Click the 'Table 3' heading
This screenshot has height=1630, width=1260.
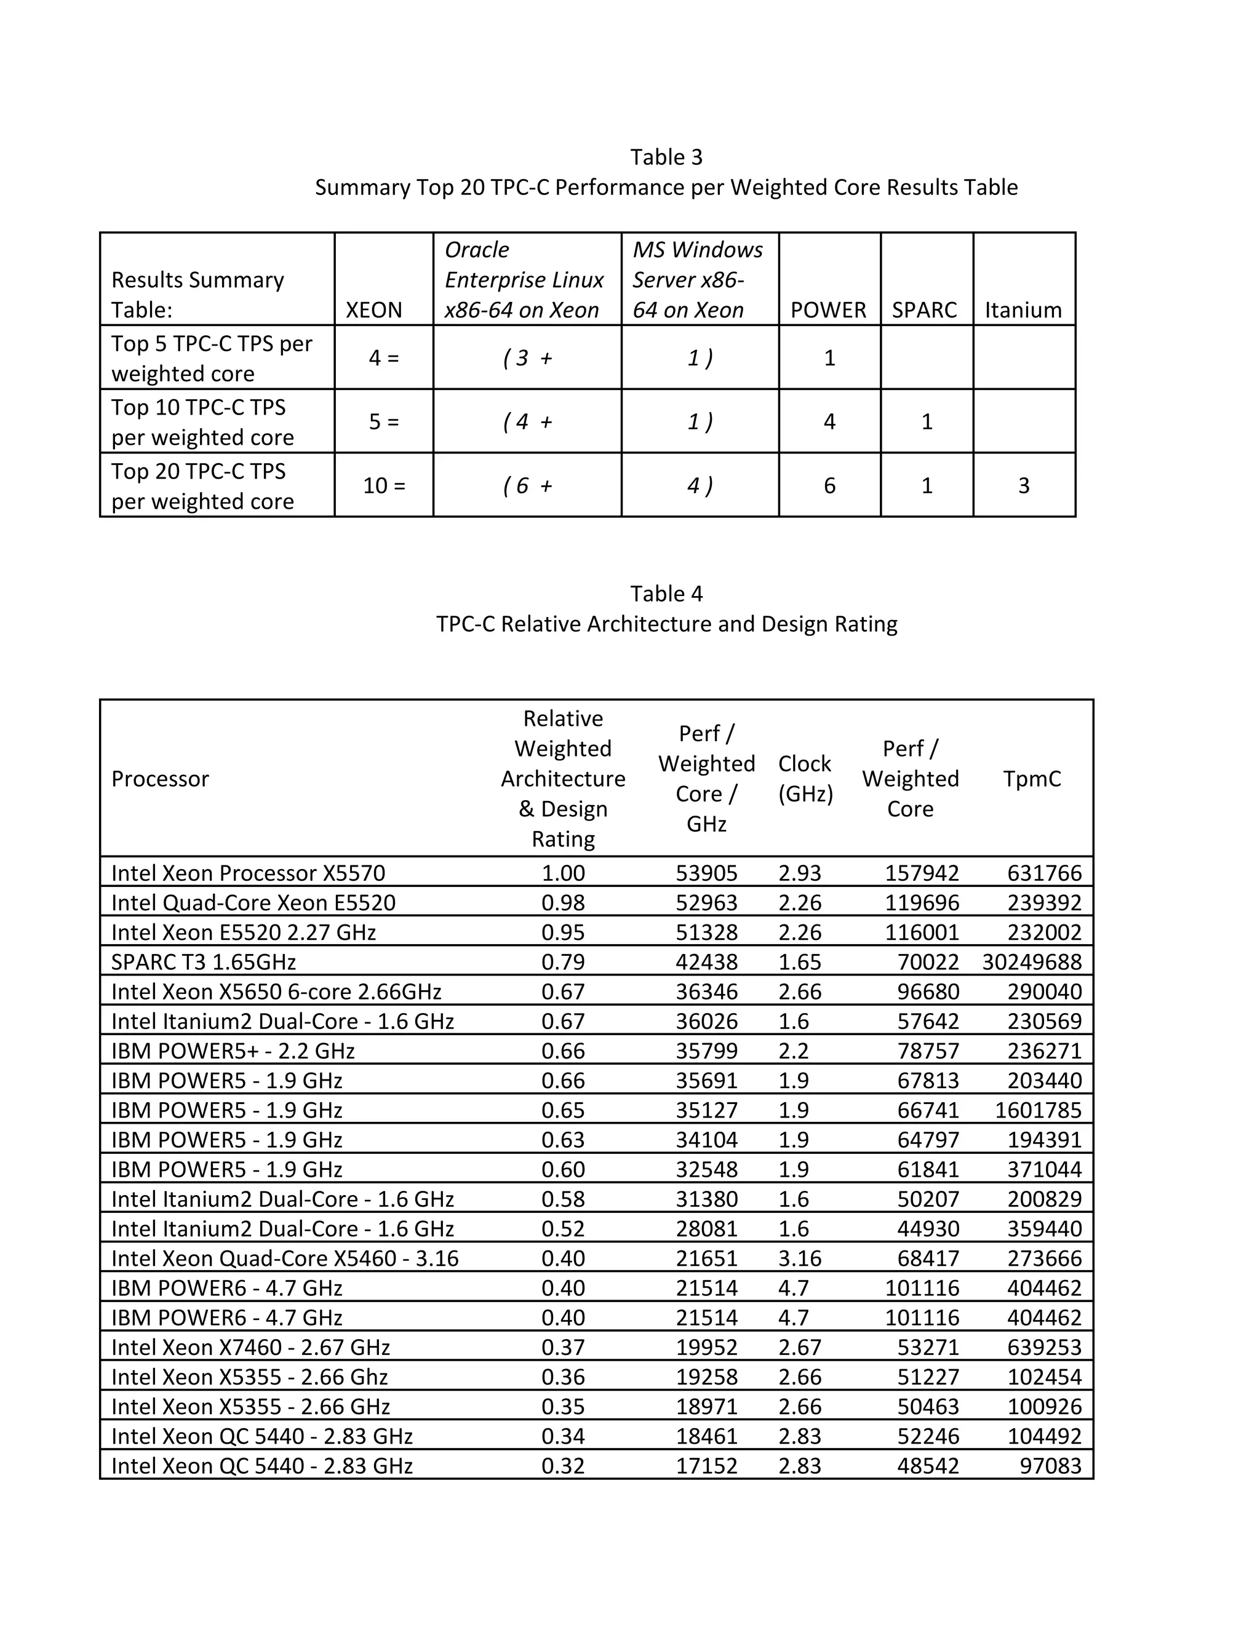click(x=666, y=157)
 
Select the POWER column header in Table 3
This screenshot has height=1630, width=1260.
click(x=828, y=310)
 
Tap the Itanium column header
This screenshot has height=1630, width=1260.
click(x=1023, y=310)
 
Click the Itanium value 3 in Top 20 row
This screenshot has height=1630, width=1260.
click(x=1023, y=486)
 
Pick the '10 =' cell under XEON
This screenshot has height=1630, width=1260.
click(x=384, y=486)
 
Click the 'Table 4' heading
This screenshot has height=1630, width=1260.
click(x=666, y=594)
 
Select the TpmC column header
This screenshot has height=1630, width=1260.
click(x=1032, y=779)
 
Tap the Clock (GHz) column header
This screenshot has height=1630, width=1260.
click(x=805, y=779)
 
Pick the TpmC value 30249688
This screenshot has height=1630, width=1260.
click(x=1032, y=962)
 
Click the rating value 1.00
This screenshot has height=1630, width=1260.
click(x=563, y=873)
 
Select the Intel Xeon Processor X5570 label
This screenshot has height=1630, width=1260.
click(x=248, y=873)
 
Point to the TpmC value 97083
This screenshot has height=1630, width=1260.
click(x=1050, y=1466)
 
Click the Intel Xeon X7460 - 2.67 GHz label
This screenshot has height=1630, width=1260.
click(x=251, y=1348)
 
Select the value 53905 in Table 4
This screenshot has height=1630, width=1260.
click(x=706, y=873)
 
